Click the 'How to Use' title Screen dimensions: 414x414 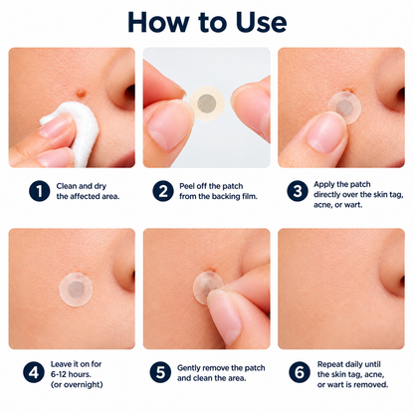[x=207, y=22]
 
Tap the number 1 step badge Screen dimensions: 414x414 [x=40, y=191]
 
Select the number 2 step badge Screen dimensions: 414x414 [x=163, y=191]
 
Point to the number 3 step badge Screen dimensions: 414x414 [x=298, y=191]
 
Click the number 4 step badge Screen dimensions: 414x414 [x=34, y=372]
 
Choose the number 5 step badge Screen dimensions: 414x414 [x=160, y=372]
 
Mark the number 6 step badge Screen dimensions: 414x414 [x=300, y=372]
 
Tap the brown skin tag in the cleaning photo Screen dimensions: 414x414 [x=81, y=93]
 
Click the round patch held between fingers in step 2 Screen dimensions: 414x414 [x=207, y=103]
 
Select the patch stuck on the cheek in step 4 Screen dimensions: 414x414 [x=76, y=289]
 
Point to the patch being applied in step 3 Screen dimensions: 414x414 [x=345, y=107]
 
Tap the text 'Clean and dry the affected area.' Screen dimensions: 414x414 [x=88, y=191]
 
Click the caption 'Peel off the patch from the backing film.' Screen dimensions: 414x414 [x=218, y=191]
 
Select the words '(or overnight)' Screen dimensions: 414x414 [x=77, y=384]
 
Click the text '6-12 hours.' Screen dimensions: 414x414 [x=71, y=374]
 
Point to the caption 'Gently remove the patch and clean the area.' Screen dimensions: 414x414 [x=221, y=373]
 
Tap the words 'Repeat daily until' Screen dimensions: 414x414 [x=349, y=364]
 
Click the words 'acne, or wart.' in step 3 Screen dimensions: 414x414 [x=338, y=205]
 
